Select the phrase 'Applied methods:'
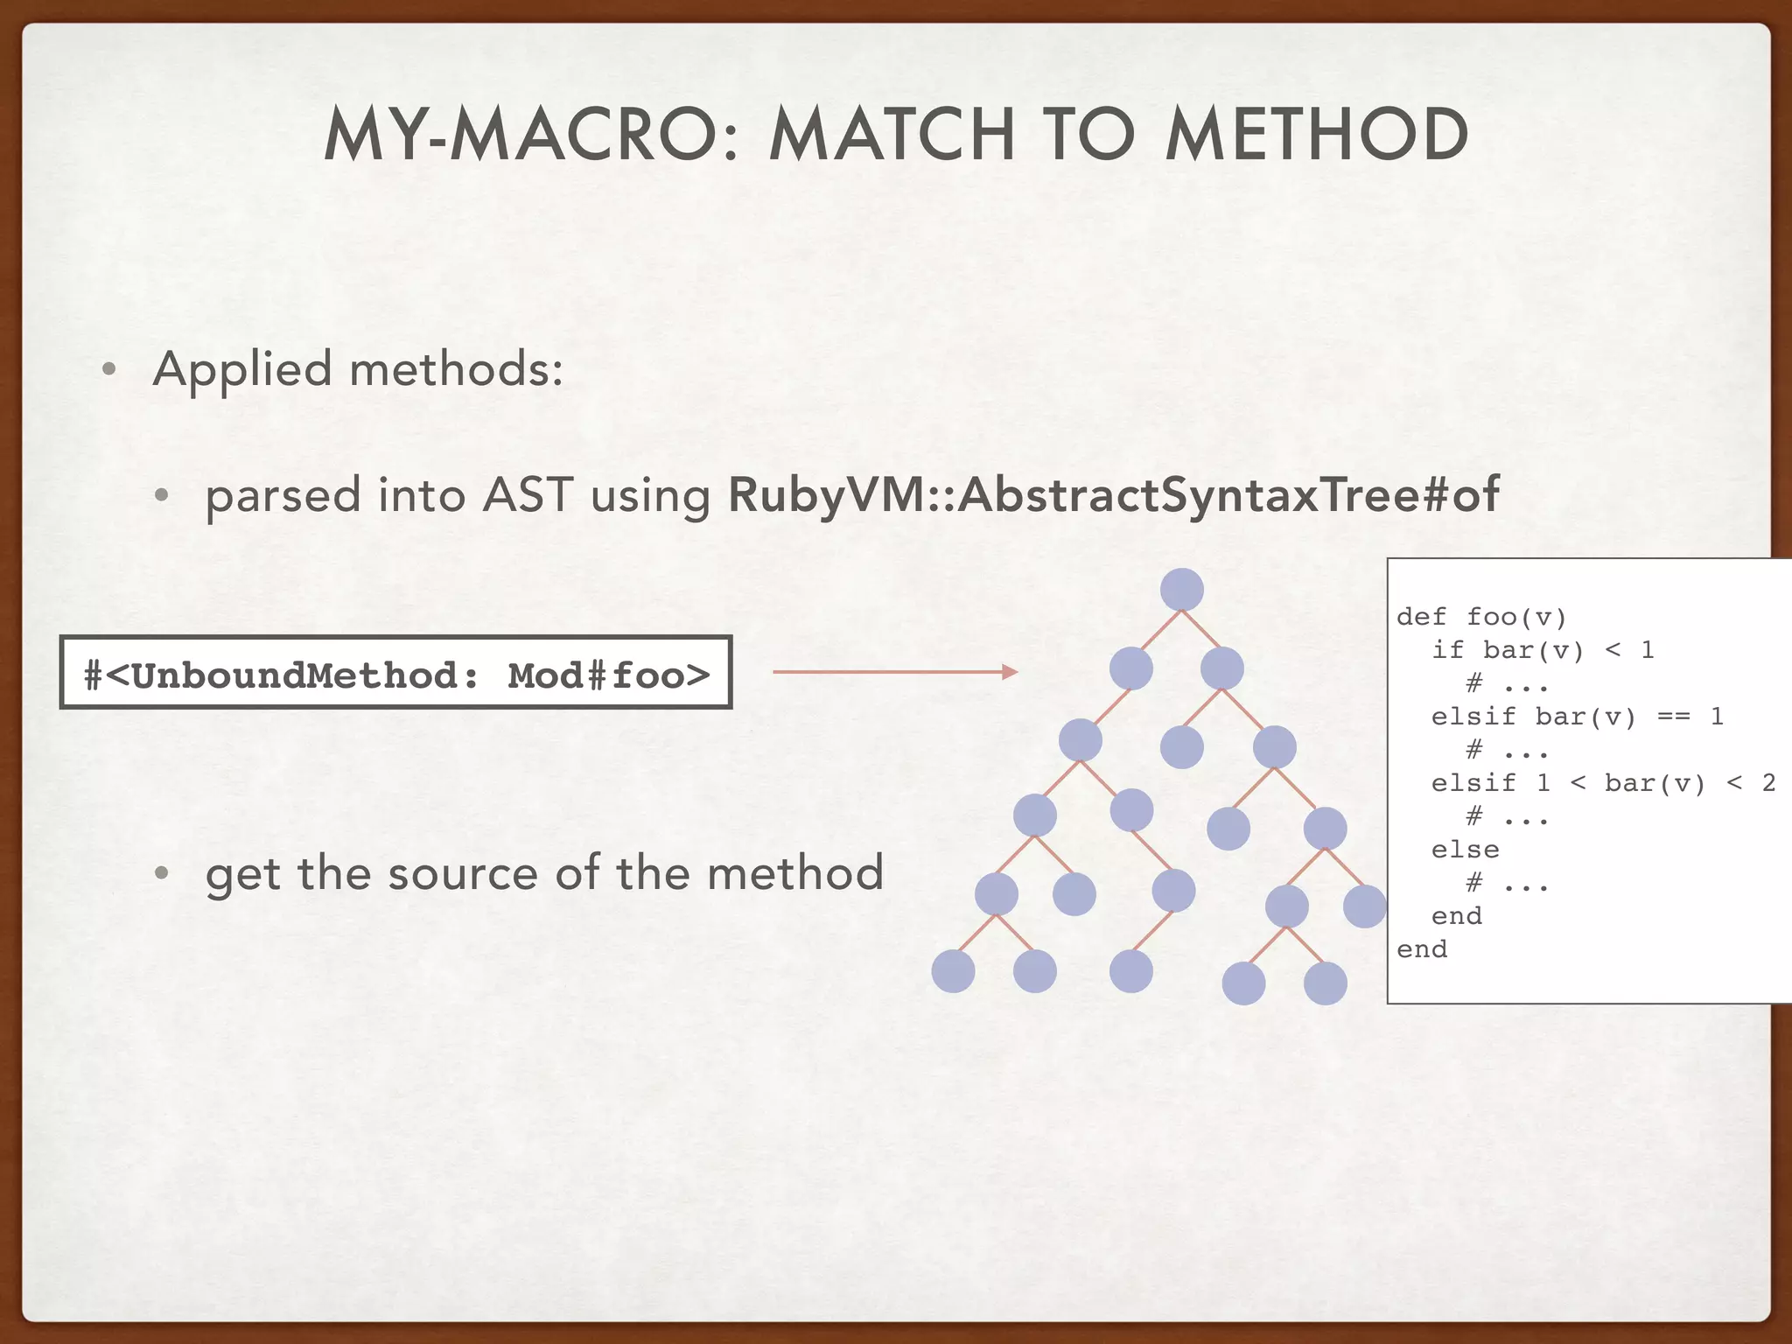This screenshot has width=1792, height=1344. coord(358,368)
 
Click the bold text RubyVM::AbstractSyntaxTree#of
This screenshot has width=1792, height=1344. coord(1113,494)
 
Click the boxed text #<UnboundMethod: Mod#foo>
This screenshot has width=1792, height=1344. coord(395,674)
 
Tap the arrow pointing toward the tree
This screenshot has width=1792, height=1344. coord(894,672)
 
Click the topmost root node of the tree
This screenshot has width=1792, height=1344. coord(1181,590)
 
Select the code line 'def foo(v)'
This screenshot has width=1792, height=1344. coord(1480,617)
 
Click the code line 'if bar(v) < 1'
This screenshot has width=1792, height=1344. coord(1542,650)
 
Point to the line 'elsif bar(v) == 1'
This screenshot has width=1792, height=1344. coord(1577,717)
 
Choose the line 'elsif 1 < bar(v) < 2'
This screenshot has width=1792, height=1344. coord(1603,783)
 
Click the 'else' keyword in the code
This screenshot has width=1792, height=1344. coord(1465,850)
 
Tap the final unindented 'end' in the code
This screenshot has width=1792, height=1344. coord(1422,949)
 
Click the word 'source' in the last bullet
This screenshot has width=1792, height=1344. coord(463,873)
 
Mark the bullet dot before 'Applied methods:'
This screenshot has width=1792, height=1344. coord(109,369)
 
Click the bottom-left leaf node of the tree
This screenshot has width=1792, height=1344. coord(953,971)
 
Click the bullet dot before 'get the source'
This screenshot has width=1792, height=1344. coord(161,873)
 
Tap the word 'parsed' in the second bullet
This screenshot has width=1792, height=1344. coord(282,496)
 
